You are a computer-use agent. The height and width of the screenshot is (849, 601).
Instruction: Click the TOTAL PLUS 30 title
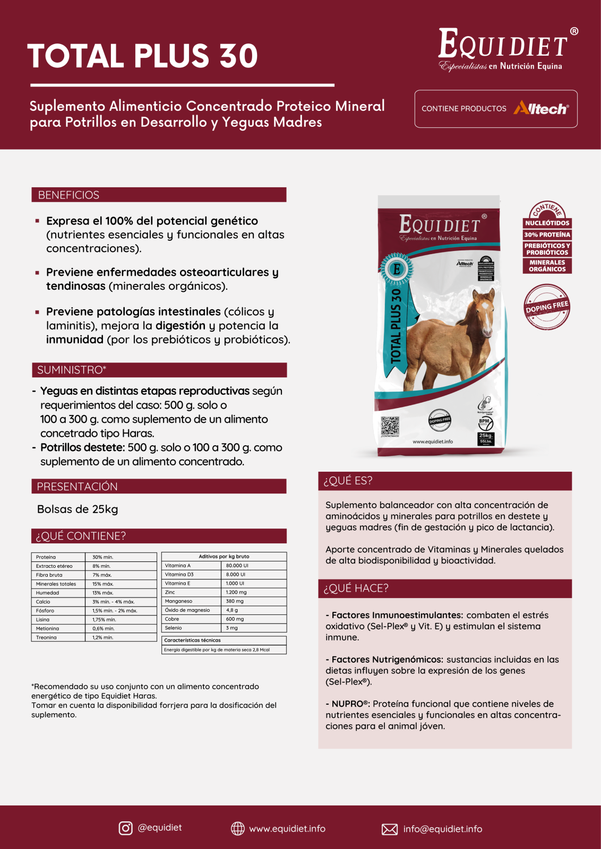coord(142,56)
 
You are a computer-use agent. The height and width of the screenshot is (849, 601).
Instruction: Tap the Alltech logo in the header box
coord(540,109)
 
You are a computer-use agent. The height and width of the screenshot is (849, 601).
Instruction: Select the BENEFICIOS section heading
coord(68,195)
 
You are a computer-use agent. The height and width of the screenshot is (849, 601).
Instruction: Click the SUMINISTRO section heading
coord(72,370)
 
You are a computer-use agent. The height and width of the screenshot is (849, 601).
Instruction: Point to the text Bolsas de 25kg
coord(78,509)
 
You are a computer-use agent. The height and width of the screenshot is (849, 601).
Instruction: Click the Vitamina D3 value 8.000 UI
coord(236,575)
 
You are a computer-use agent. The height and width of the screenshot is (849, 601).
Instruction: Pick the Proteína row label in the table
coord(46,557)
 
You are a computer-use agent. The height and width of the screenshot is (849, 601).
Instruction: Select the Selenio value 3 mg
coord(232,628)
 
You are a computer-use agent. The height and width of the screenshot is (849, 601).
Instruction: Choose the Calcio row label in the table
coord(44,602)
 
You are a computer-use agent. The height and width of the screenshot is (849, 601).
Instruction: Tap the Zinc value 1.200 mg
coord(236,592)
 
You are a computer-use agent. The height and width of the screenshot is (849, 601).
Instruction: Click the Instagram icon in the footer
coord(125,828)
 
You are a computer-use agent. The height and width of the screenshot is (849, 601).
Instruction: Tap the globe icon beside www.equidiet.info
coord(238,829)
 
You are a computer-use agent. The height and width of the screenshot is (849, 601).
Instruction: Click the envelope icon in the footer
coord(390,829)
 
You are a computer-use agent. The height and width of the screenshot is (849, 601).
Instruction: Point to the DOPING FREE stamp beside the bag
coord(547,307)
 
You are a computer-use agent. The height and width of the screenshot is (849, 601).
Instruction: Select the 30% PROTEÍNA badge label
coord(547,235)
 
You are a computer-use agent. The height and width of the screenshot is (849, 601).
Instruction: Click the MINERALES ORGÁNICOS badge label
coord(547,266)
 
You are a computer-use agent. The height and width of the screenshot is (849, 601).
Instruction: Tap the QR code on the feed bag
coord(390,426)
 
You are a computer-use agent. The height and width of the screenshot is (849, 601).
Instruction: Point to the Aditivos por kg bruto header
coord(224,557)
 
